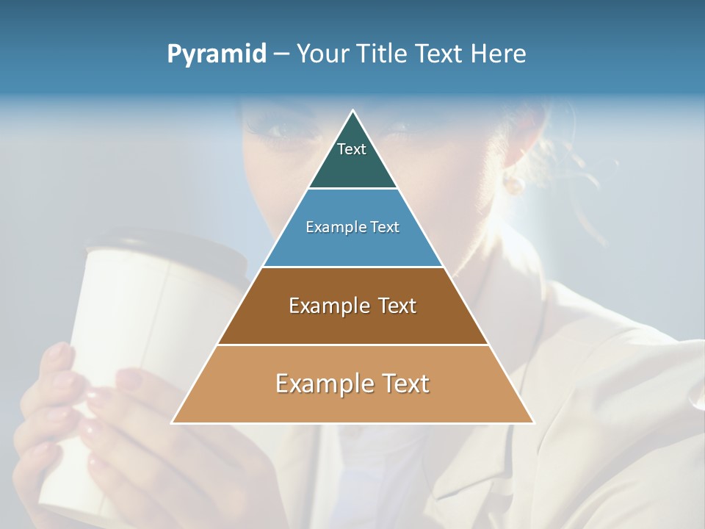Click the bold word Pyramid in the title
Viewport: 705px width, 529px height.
(217, 54)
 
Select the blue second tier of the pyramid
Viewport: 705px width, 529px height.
(352, 246)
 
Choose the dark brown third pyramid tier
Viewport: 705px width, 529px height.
(352, 323)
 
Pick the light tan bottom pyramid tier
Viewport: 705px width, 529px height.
(352, 403)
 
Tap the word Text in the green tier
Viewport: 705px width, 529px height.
(352, 149)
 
